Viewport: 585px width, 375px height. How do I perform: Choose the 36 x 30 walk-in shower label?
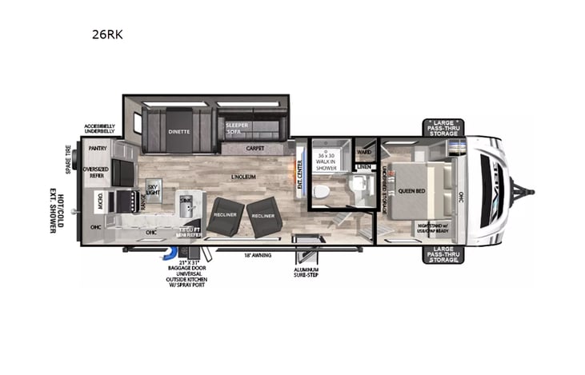click(x=327, y=161)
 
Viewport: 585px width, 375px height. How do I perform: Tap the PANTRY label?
click(x=98, y=148)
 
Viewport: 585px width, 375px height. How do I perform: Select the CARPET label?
click(x=255, y=149)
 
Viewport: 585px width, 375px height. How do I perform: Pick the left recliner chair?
click(x=226, y=215)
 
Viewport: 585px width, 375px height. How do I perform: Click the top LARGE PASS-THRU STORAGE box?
click(x=443, y=127)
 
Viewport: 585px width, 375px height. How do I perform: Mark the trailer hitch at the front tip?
click(x=526, y=191)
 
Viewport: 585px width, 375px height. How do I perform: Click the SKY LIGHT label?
click(x=152, y=188)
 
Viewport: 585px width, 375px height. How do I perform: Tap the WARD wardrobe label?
click(x=364, y=151)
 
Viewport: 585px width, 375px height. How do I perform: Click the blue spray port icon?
click(x=170, y=253)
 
